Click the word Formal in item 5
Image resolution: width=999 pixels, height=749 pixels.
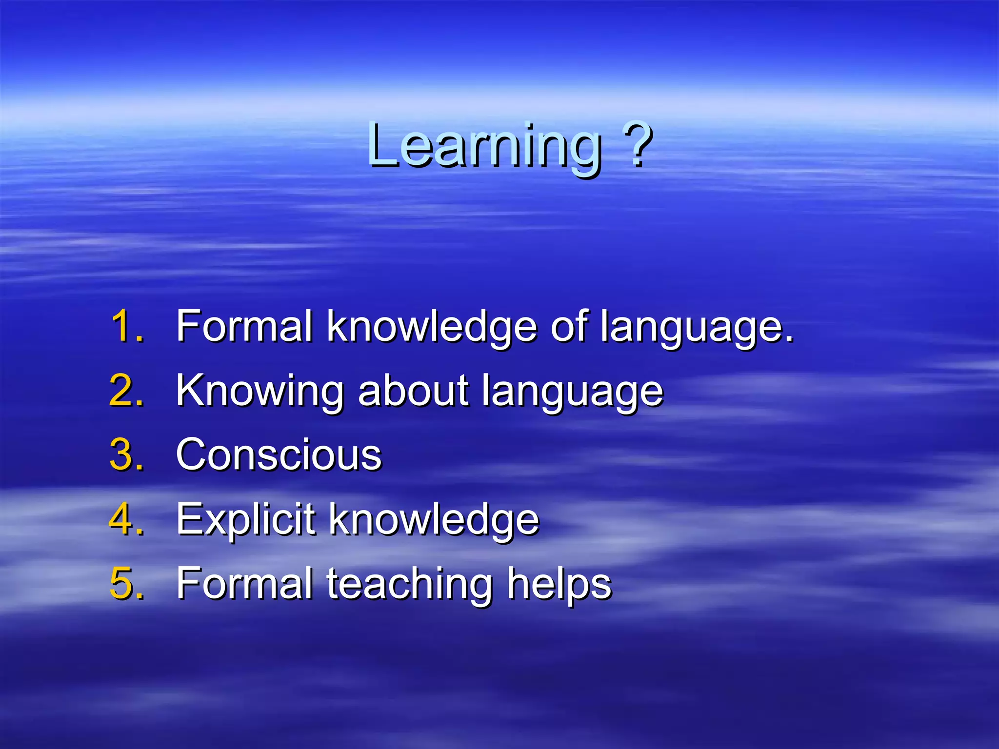244,583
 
